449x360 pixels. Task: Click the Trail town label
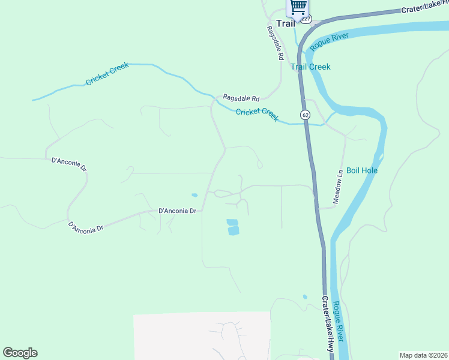coord(286,23)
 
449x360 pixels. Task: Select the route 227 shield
coord(307,19)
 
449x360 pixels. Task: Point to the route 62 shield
coord(306,114)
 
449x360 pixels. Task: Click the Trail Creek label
coord(310,67)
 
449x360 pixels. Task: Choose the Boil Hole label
coord(361,170)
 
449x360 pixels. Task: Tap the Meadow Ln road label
coord(340,179)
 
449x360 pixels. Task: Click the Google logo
coord(20,353)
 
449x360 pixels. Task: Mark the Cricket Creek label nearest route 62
coord(257,115)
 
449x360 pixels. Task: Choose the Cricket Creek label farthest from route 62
coord(107,74)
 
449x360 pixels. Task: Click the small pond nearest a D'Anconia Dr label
coord(194,195)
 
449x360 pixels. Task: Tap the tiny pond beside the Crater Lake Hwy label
coord(305,296)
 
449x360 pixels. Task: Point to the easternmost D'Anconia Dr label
coord(178,211)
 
